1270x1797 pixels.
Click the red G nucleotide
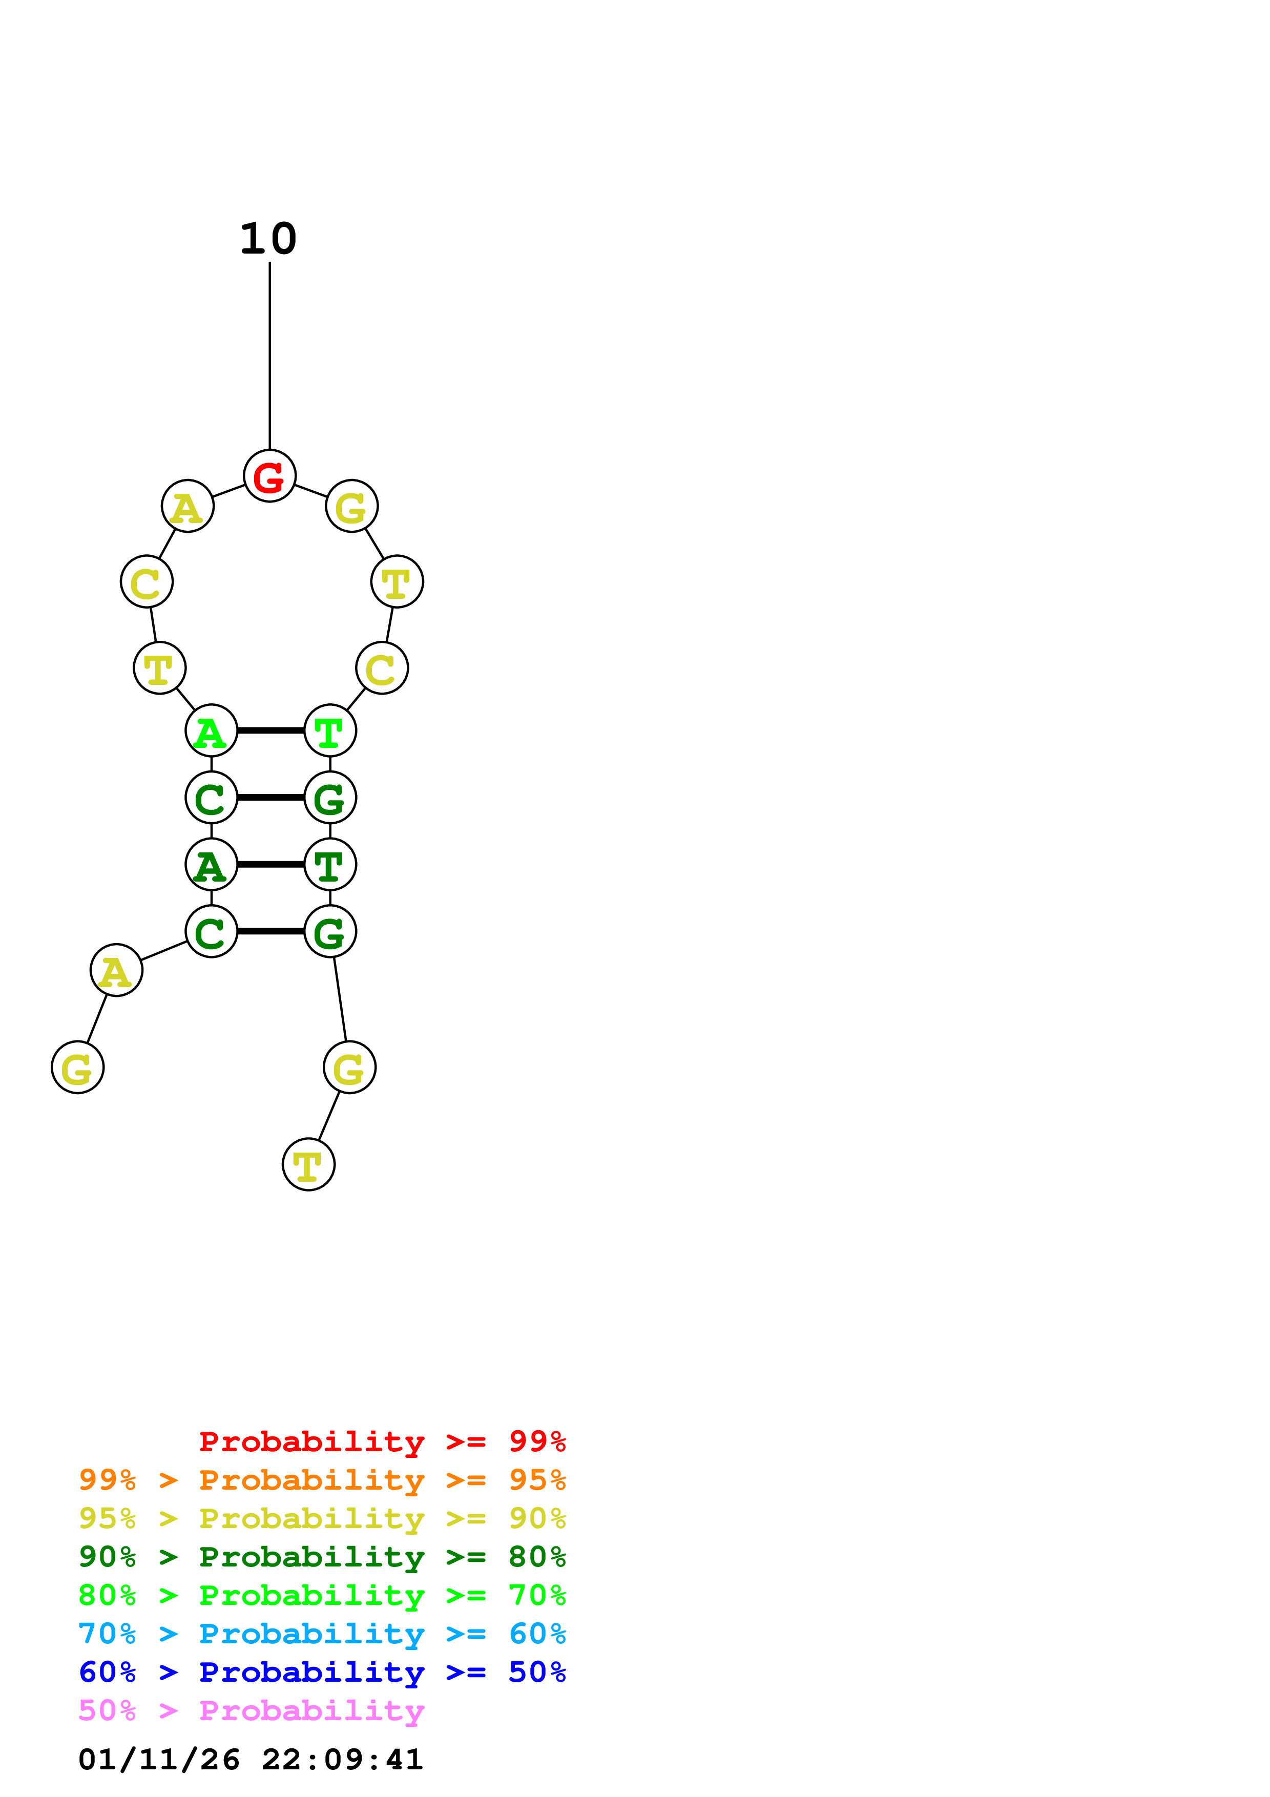click(269, 476)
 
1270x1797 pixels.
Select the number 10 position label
click(268, 239)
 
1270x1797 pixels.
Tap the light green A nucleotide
click(211, 731)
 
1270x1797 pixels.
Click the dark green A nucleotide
click(211, 865)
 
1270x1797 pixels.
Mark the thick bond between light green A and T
click(270, 731)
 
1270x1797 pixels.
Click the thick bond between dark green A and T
click(270, 865)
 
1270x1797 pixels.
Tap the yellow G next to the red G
click(351, 507)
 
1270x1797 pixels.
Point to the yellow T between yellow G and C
click(397, 581)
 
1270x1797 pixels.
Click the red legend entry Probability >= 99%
click(382, 1441)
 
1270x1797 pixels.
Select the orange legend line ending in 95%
click(322, 1480)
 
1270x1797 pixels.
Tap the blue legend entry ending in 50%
click(322, 1673)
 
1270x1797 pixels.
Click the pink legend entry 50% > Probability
click(251, 1711)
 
